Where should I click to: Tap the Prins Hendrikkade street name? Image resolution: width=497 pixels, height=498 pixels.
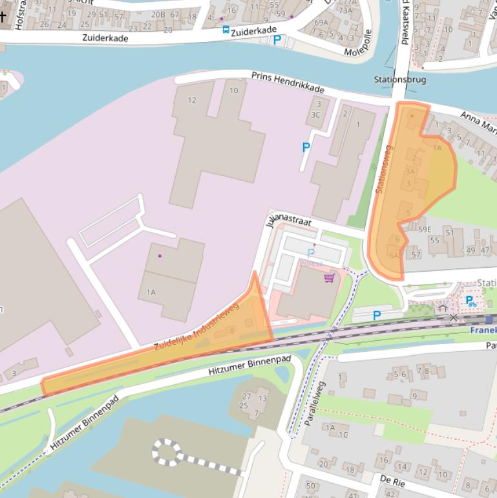288,82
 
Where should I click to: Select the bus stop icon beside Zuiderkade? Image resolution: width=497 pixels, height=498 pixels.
226,29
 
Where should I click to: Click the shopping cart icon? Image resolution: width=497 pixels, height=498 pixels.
329,278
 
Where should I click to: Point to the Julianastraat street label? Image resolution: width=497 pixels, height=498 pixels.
288,222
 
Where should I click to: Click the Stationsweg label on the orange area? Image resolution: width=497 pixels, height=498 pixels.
383,169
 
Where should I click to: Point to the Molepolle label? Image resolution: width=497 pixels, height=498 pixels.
358,43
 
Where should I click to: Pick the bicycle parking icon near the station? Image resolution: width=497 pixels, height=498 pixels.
471,301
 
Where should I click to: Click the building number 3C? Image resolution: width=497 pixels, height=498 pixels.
315,114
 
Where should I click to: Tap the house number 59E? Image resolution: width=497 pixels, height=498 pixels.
425,229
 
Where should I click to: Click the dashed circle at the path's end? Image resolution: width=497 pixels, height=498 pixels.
167,452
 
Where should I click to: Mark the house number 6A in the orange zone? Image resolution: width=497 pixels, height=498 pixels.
394,255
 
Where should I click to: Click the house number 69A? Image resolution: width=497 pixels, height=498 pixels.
321,23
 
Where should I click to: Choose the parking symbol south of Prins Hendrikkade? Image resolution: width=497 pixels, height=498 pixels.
306,147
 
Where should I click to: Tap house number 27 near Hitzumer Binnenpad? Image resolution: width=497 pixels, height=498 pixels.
246,396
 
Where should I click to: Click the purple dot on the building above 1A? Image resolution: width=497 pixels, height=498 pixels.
160,256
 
